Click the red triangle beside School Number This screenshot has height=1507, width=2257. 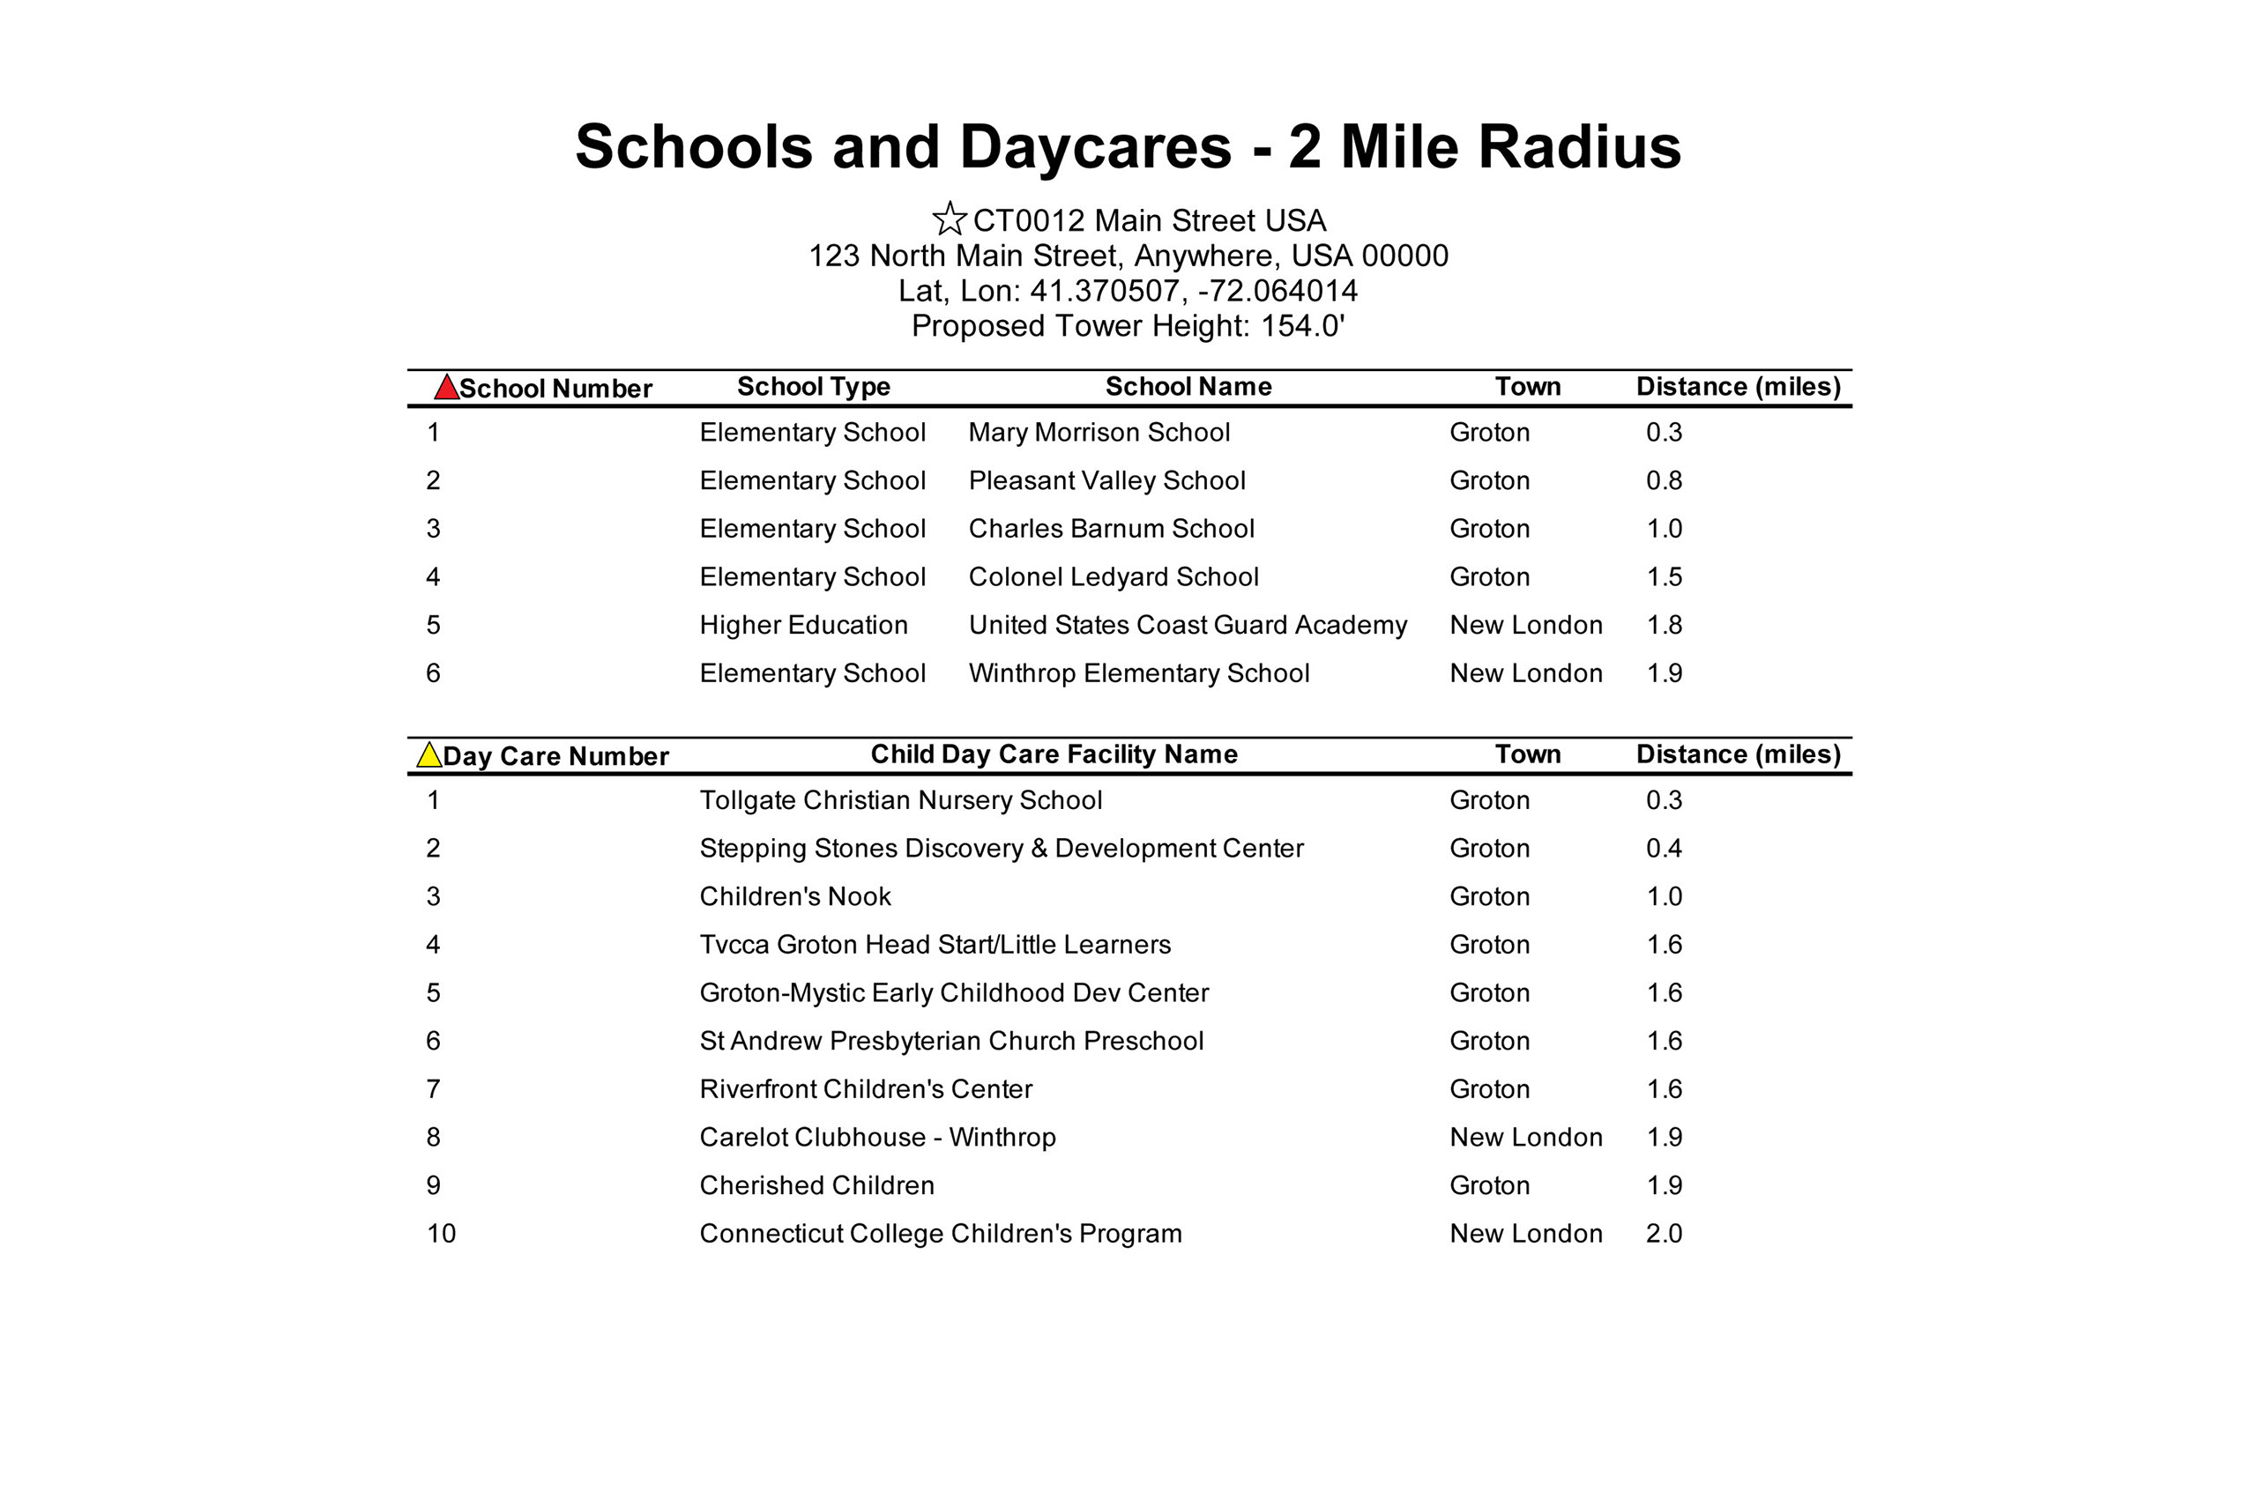click(446, 387)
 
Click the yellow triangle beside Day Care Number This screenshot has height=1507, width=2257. click(428, 754)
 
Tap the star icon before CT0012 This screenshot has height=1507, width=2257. click(949, 219)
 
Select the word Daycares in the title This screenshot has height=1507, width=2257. click(1095, 147)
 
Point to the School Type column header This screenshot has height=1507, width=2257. click(813, 386)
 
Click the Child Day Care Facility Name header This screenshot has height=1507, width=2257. click(1054, 754)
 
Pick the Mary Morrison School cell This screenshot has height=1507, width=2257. click(1099, 433)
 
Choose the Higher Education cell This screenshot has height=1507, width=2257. click(802, 626)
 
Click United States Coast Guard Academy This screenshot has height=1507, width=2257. click(1188, 626)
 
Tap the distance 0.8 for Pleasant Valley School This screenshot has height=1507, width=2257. click(1663, 480)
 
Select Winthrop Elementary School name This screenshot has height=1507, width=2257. click(1138, 673)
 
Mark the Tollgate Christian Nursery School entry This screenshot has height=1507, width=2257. click(900, 800)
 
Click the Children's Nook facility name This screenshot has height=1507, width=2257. click(795, 896)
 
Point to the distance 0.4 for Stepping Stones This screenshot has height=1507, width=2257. click(1663, 849)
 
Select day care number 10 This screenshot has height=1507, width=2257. click(441, 1234)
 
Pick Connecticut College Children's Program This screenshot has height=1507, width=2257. click(940, 1234)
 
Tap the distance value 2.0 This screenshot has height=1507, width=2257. click(1663, 1234)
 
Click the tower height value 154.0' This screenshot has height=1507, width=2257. click(1302, 327)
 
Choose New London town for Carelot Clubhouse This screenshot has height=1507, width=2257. click(1525, 1138)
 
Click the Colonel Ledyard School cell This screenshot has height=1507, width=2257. click(1114, 577)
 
